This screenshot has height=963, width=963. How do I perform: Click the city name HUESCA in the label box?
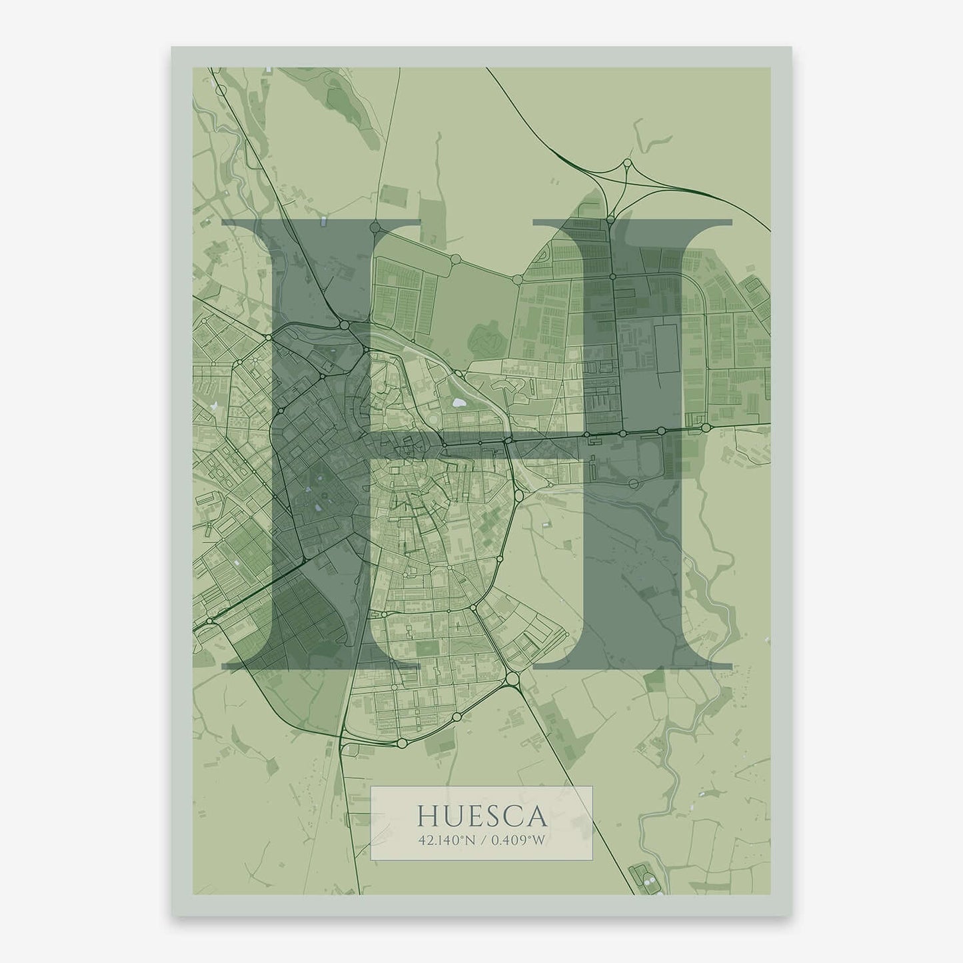[481, 816]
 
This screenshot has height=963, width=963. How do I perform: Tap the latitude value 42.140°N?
[447, 841]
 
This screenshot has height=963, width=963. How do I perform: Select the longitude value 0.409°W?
[517, 841]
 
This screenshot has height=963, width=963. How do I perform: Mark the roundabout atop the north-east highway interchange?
[627, 163]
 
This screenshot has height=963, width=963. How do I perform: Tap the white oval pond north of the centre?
[458, 403]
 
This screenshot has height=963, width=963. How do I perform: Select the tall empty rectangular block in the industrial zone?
[667, 349]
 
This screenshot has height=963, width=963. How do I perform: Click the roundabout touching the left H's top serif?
[375, 227]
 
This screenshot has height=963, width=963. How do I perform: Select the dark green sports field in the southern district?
[425, 646]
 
